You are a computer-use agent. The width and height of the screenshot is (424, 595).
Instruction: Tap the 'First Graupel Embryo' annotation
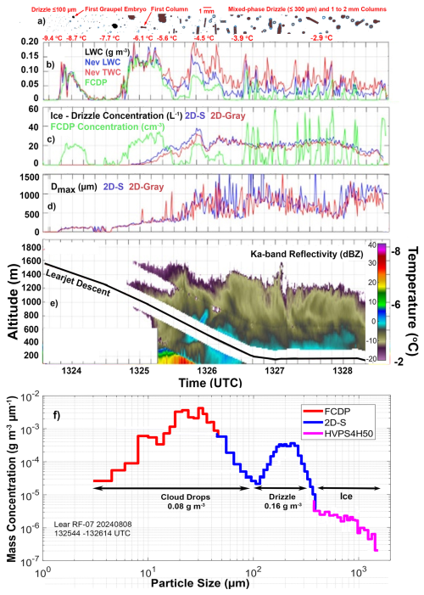pos(109,6)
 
